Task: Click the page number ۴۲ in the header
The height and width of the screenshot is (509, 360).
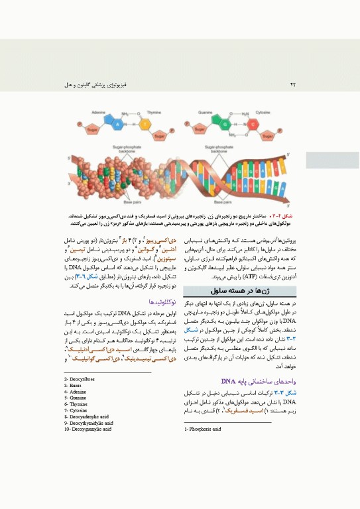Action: (x=293, y=85)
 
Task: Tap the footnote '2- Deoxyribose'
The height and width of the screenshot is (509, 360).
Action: (x=80, y=378)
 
